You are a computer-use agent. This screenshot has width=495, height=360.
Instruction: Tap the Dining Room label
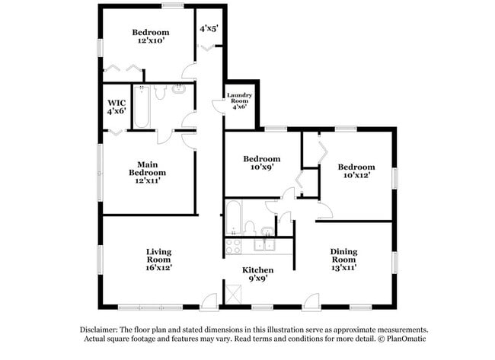coord(343,260)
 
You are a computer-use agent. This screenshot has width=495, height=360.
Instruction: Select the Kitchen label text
coord(257,270)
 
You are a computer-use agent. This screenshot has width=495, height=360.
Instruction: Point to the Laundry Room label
coord(238,100)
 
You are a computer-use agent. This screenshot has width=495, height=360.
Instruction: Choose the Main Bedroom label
coord(148,172)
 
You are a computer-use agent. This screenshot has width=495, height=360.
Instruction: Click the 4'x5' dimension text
coord(209,28)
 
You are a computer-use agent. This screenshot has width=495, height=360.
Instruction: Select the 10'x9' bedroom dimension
coord(258,167)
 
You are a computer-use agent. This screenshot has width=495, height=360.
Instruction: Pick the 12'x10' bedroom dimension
coord(150,41)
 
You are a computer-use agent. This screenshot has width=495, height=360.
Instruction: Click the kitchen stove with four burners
coord(233,245)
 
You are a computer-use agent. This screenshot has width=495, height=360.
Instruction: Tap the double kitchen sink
coord(264,245)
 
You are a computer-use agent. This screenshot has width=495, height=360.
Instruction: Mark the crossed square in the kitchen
coord(233,292)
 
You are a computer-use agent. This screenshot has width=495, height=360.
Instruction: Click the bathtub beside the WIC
coord(141,107)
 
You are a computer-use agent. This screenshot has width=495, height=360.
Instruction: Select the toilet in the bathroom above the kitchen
coord(249,227)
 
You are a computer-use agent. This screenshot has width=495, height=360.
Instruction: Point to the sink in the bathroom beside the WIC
coord(178,89)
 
